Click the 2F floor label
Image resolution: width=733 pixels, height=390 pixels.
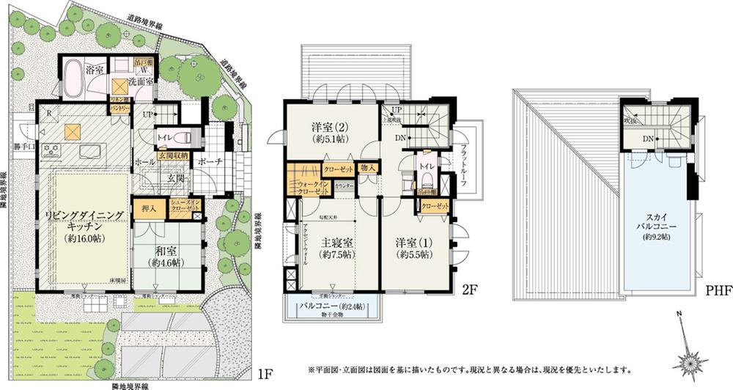(x=449, y=290)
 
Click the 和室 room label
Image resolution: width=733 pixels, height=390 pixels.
(x=165, y=257)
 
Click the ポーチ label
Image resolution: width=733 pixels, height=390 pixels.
(x=210, y=161)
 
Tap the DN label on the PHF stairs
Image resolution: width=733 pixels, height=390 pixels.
(x=648, y=138)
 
